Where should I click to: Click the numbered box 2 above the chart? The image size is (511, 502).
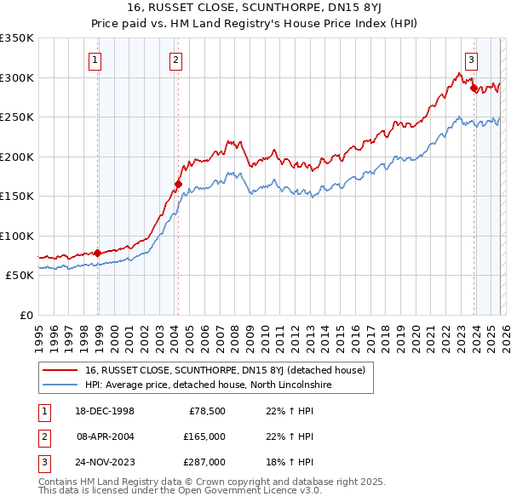point(175,60)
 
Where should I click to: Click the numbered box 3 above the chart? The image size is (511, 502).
point(471,60)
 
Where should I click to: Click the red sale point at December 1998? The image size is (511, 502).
point(98,253)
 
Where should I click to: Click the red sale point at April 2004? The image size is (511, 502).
point(178,184)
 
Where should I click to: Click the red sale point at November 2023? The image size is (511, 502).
point(474,87)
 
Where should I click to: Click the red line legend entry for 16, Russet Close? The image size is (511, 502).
point(225,370)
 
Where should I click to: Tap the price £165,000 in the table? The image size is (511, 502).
point(205,436)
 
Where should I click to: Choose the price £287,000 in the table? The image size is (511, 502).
point(205,462)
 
